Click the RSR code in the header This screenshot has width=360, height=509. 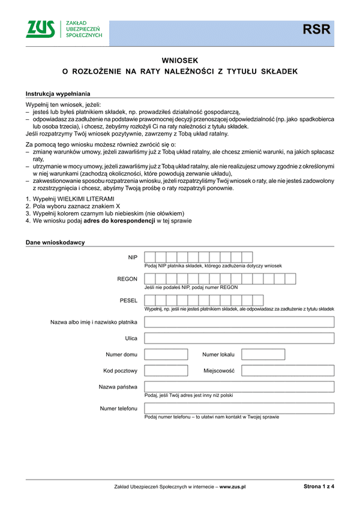pos(316,29)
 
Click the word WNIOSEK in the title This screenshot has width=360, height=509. pos(180,60)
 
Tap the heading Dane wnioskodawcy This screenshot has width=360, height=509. pos(55,243)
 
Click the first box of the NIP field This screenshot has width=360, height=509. pos(151,257)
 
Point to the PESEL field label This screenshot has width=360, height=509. pos(129,300)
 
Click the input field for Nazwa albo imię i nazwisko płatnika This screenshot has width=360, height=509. pos(239,322)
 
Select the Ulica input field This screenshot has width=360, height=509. pos(239,338)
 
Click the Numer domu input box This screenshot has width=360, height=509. pos(166,354)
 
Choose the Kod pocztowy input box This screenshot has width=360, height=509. pos(166,371)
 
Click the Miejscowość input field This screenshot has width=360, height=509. pos(287,371)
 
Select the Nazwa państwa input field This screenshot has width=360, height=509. pos(239,387)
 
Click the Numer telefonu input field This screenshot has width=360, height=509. pos(239,408)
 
